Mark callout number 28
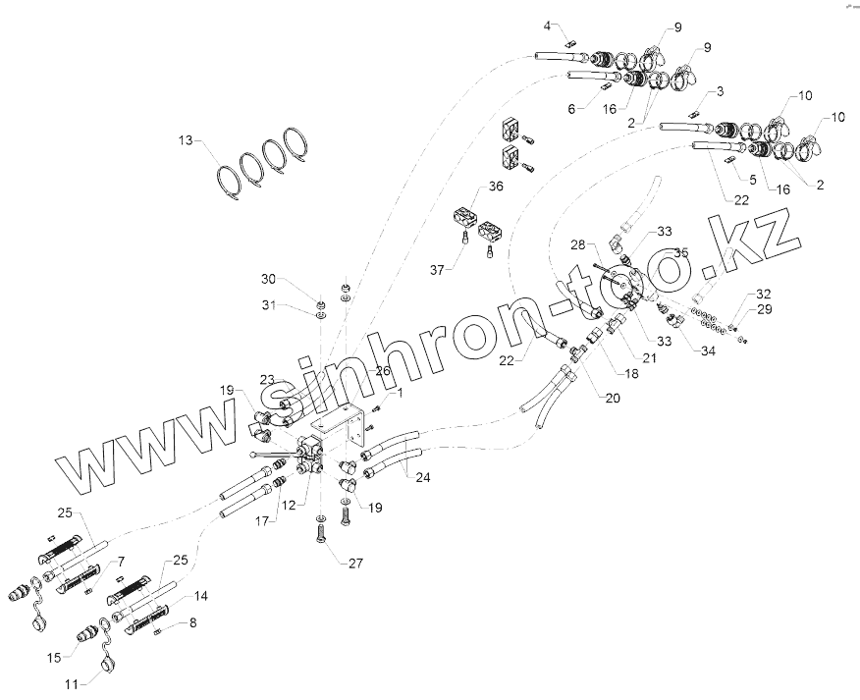(x=578, y=243)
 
